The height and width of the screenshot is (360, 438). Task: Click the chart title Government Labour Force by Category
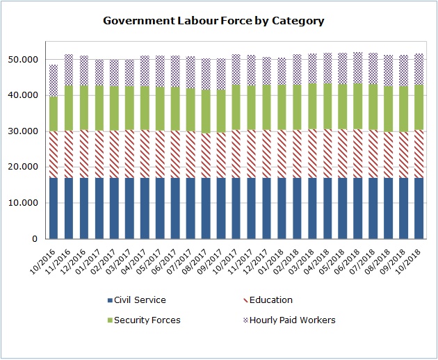click(213, 21)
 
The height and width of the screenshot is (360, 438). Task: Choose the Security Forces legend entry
click(146, 320)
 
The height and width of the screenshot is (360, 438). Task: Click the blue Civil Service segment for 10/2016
click(53, 208)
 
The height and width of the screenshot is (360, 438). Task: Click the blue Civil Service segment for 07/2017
click(190, 208)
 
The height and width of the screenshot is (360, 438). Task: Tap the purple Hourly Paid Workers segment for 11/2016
click(68, 69)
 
